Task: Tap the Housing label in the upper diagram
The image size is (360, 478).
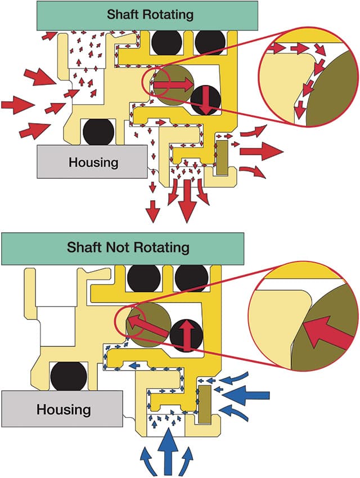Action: coord(93,163)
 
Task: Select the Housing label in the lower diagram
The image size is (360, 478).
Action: coord(64,409)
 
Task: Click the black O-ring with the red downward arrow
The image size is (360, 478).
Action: coord(204,101)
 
